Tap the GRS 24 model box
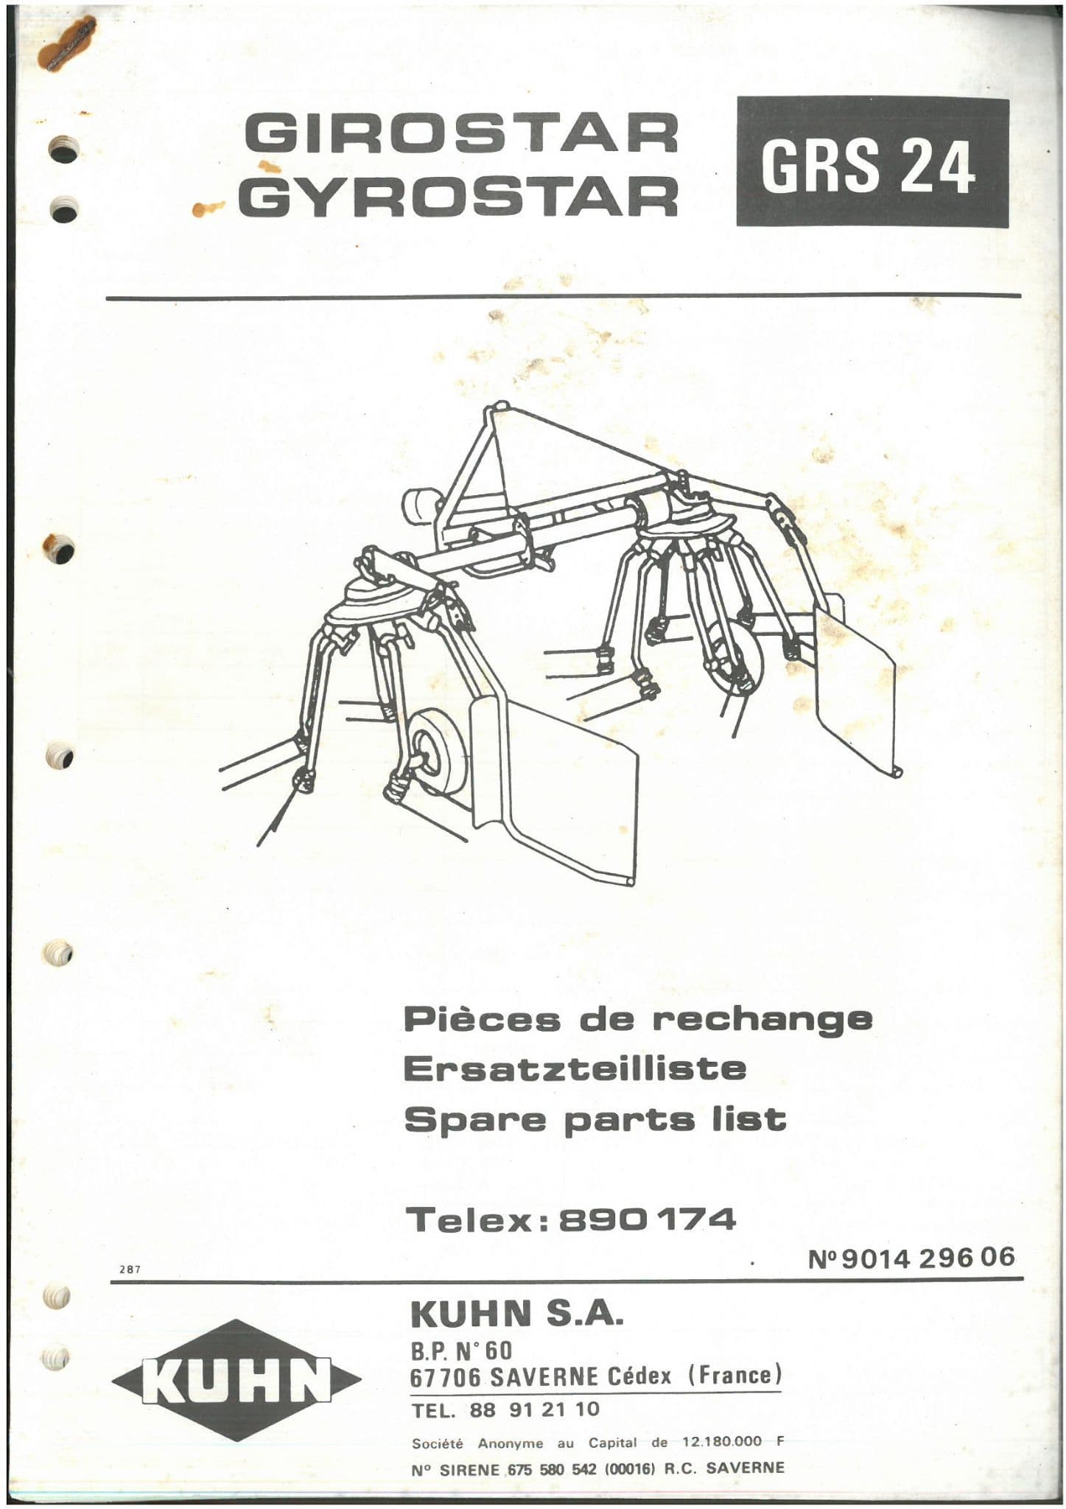click(872, 163)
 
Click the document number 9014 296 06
click(927, 1256)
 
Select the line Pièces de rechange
click(638, 1019)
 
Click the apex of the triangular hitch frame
click(500, 408)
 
